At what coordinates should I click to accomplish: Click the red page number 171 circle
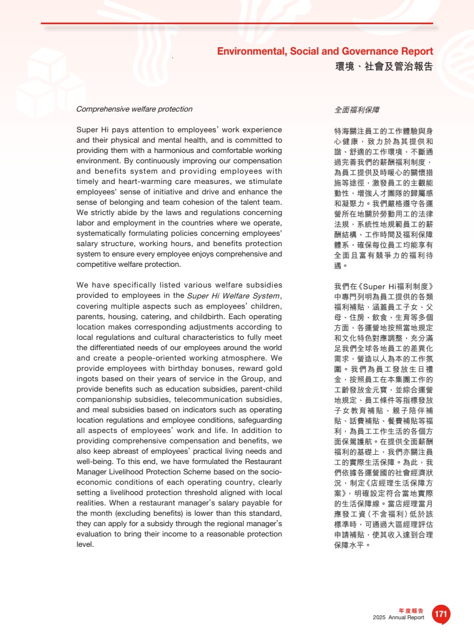click(x=441, y=614)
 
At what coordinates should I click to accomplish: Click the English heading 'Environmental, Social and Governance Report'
click(x=325, y=52)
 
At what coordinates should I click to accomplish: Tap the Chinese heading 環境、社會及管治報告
click(x=384, y=67)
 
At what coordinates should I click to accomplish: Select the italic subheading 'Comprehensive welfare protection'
click(x=134, y=109)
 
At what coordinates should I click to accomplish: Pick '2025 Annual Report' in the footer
click(x=398, y=618)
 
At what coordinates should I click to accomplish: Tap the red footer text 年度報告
click(x=411, y=611)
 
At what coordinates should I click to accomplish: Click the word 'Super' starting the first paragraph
click(x=87, y=130)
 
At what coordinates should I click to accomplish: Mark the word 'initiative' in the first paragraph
click(x=186, y=192)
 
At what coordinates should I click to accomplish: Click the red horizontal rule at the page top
click(x=237, y=24)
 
